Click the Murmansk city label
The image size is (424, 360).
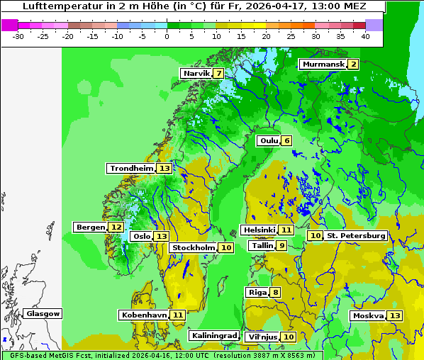pyautogui.click(x=323, y=64)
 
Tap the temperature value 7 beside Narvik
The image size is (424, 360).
pyautogui.click(x=219, y=73)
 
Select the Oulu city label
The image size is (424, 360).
pyautogui.click(x=269, y=140)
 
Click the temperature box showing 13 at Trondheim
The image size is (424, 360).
pyautogui.click(x=164, y=169)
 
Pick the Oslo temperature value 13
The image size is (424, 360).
pyautogui.click(x=162, y=236)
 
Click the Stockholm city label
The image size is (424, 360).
pyautogui.click(x=193, y=247)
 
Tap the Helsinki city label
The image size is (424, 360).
pyautogui.click(x=258, y=230)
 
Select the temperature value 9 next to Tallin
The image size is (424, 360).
pyautogui.click(x=281, y=245)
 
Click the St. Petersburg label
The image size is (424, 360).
pyautogui.click(x=355, y=235)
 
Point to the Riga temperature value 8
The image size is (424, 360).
pyautogui.click(x=275, y=292)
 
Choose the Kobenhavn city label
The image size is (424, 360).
pyautogui.click(x=144, y=315)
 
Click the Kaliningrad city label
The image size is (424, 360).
pyautogui.click(x=213, y=335)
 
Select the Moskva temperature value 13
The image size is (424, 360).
pyautogui.click(x=395, y=315)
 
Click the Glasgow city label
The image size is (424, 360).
pyautogui.click(x=43, y=313)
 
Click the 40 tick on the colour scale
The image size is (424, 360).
pyautogui.click(x=365, y=35)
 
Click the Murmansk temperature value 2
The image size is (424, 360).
pyautogui.click(x=353, y=64)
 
